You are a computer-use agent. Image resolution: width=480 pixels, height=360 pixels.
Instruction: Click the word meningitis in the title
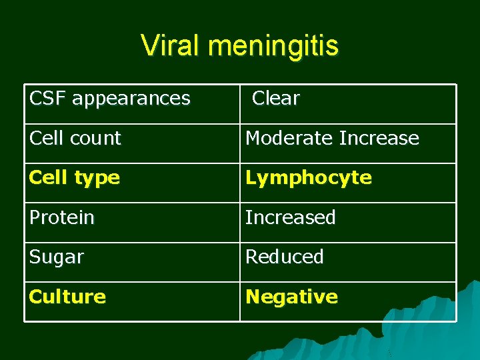click(273, 46)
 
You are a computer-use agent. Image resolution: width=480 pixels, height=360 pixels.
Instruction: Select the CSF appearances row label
click(110, 99)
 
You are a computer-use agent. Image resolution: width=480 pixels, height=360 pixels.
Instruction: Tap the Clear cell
click(275, 99)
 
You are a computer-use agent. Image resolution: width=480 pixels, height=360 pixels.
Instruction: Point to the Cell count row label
click(75, 138)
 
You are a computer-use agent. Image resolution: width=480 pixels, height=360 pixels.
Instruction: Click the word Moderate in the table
click(289, 138)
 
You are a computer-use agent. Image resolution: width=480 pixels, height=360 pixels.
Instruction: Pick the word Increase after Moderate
click(379, 138)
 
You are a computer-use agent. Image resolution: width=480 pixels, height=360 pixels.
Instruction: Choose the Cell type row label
click(75, 177)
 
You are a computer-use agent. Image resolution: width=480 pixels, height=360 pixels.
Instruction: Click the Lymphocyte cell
click(309, 177)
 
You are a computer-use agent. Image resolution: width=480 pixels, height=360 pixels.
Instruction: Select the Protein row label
click(61, 217)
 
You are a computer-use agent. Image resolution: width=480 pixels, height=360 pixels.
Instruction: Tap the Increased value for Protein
click(290, 217)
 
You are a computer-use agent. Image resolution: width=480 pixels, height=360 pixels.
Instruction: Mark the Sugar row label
click(56, 257)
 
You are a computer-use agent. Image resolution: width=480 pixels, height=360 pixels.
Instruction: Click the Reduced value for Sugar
click(285, 257)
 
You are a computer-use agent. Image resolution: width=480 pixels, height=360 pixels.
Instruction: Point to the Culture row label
click(67, 296)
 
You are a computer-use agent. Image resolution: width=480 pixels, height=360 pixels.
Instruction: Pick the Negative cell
click(291, 296)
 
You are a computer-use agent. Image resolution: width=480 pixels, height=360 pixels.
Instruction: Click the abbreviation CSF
click(47, 99)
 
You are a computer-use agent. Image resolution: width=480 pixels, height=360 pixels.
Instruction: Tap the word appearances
click(131, 99)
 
